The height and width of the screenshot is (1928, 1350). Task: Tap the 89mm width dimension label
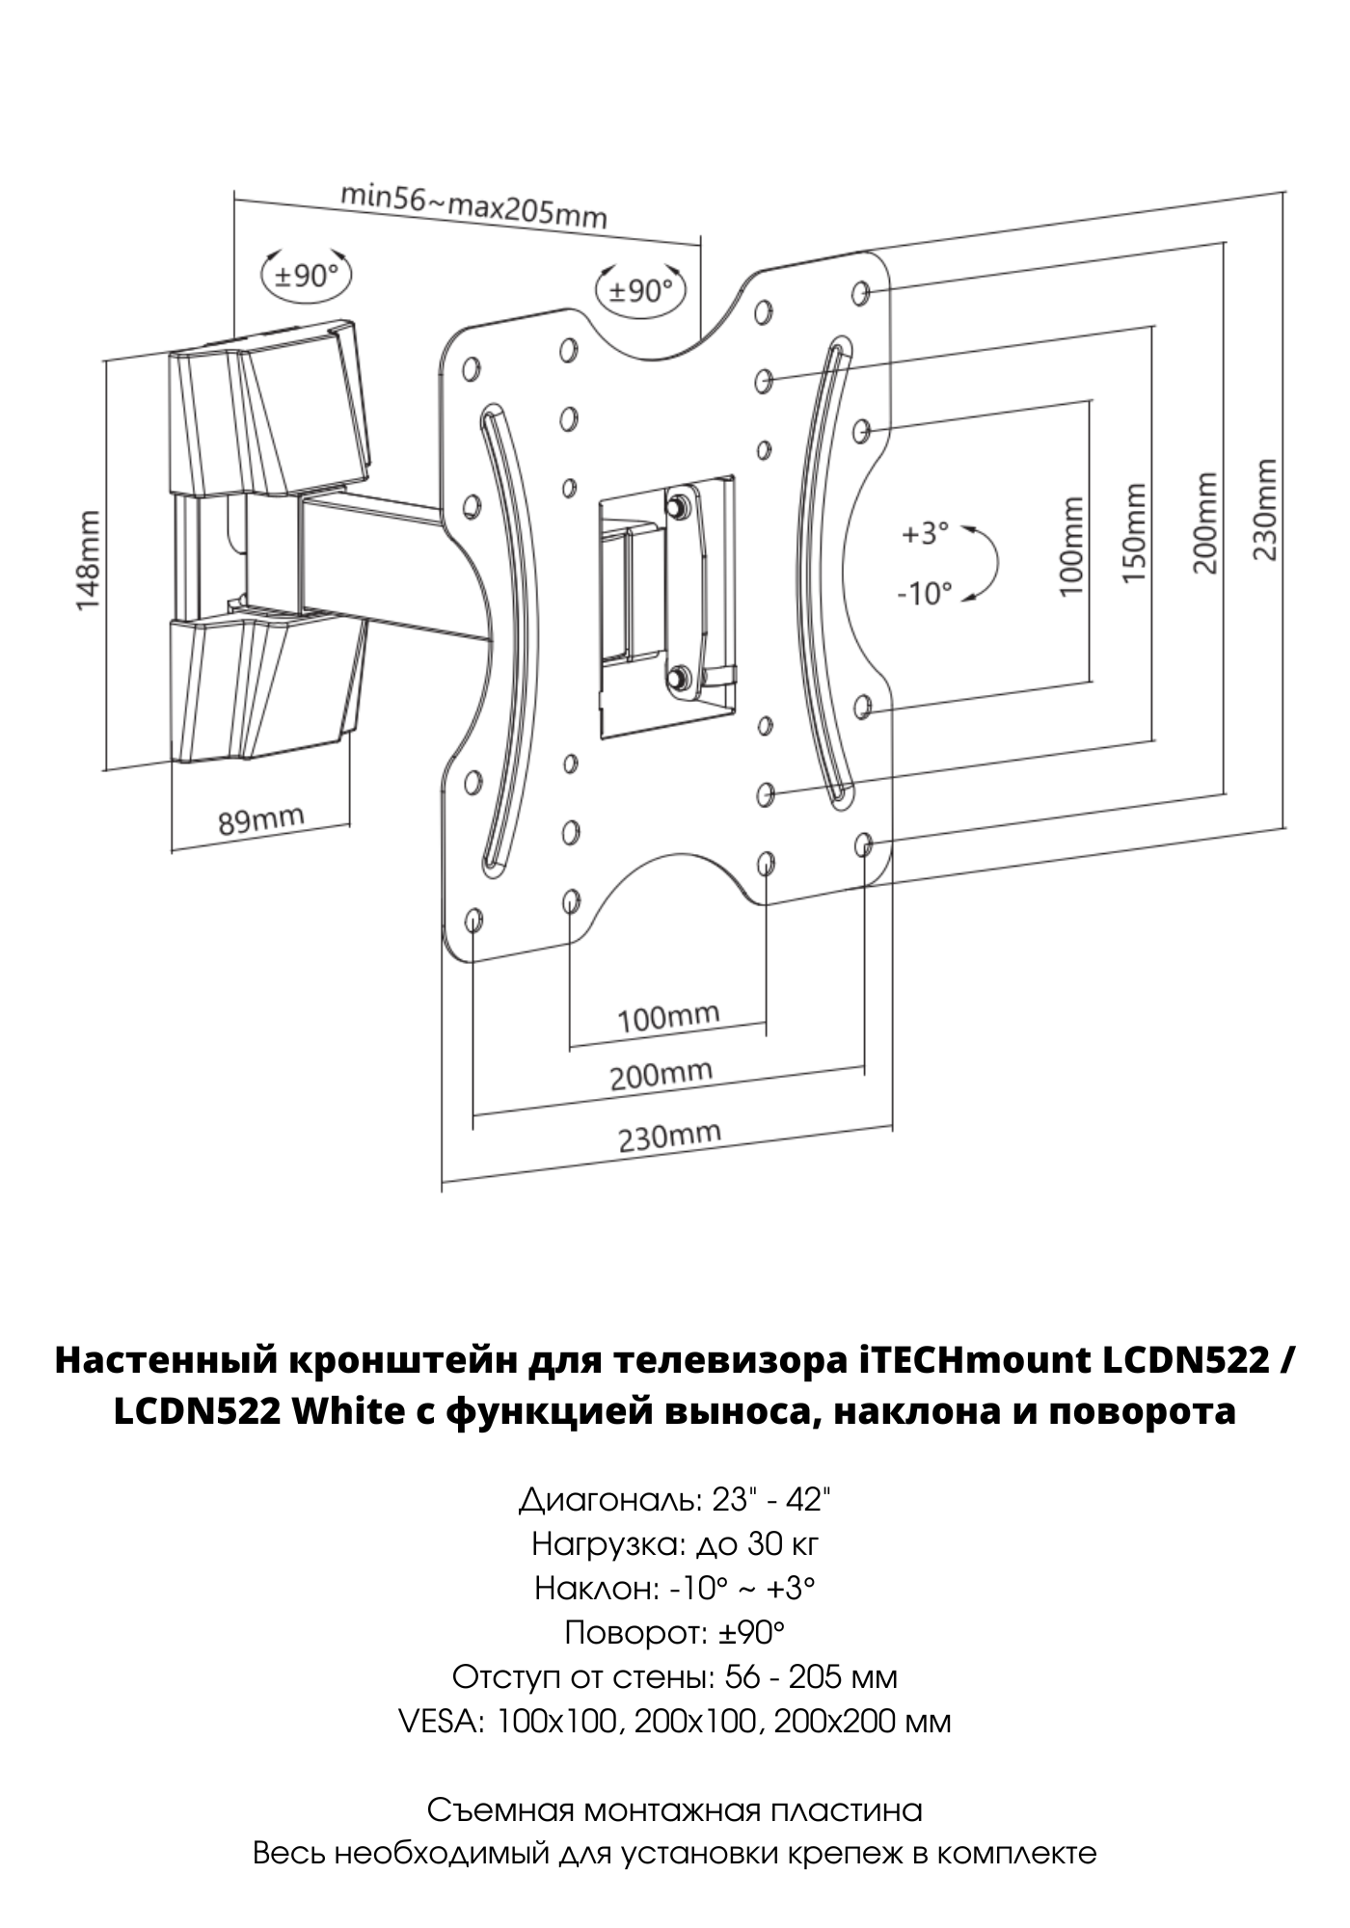click(260, 820)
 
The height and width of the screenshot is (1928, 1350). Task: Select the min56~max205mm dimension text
click(473, 205)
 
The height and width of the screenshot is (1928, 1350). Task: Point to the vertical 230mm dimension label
click(1265, 508)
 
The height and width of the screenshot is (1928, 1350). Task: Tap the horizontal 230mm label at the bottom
click(669, 1137)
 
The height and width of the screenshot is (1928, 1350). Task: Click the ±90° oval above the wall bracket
click(307, 276)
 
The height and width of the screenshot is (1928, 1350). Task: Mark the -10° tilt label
click(924, 593)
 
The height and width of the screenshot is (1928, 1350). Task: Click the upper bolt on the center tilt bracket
click(679, 503)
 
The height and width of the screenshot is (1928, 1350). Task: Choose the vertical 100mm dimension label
click(1071, 546)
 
